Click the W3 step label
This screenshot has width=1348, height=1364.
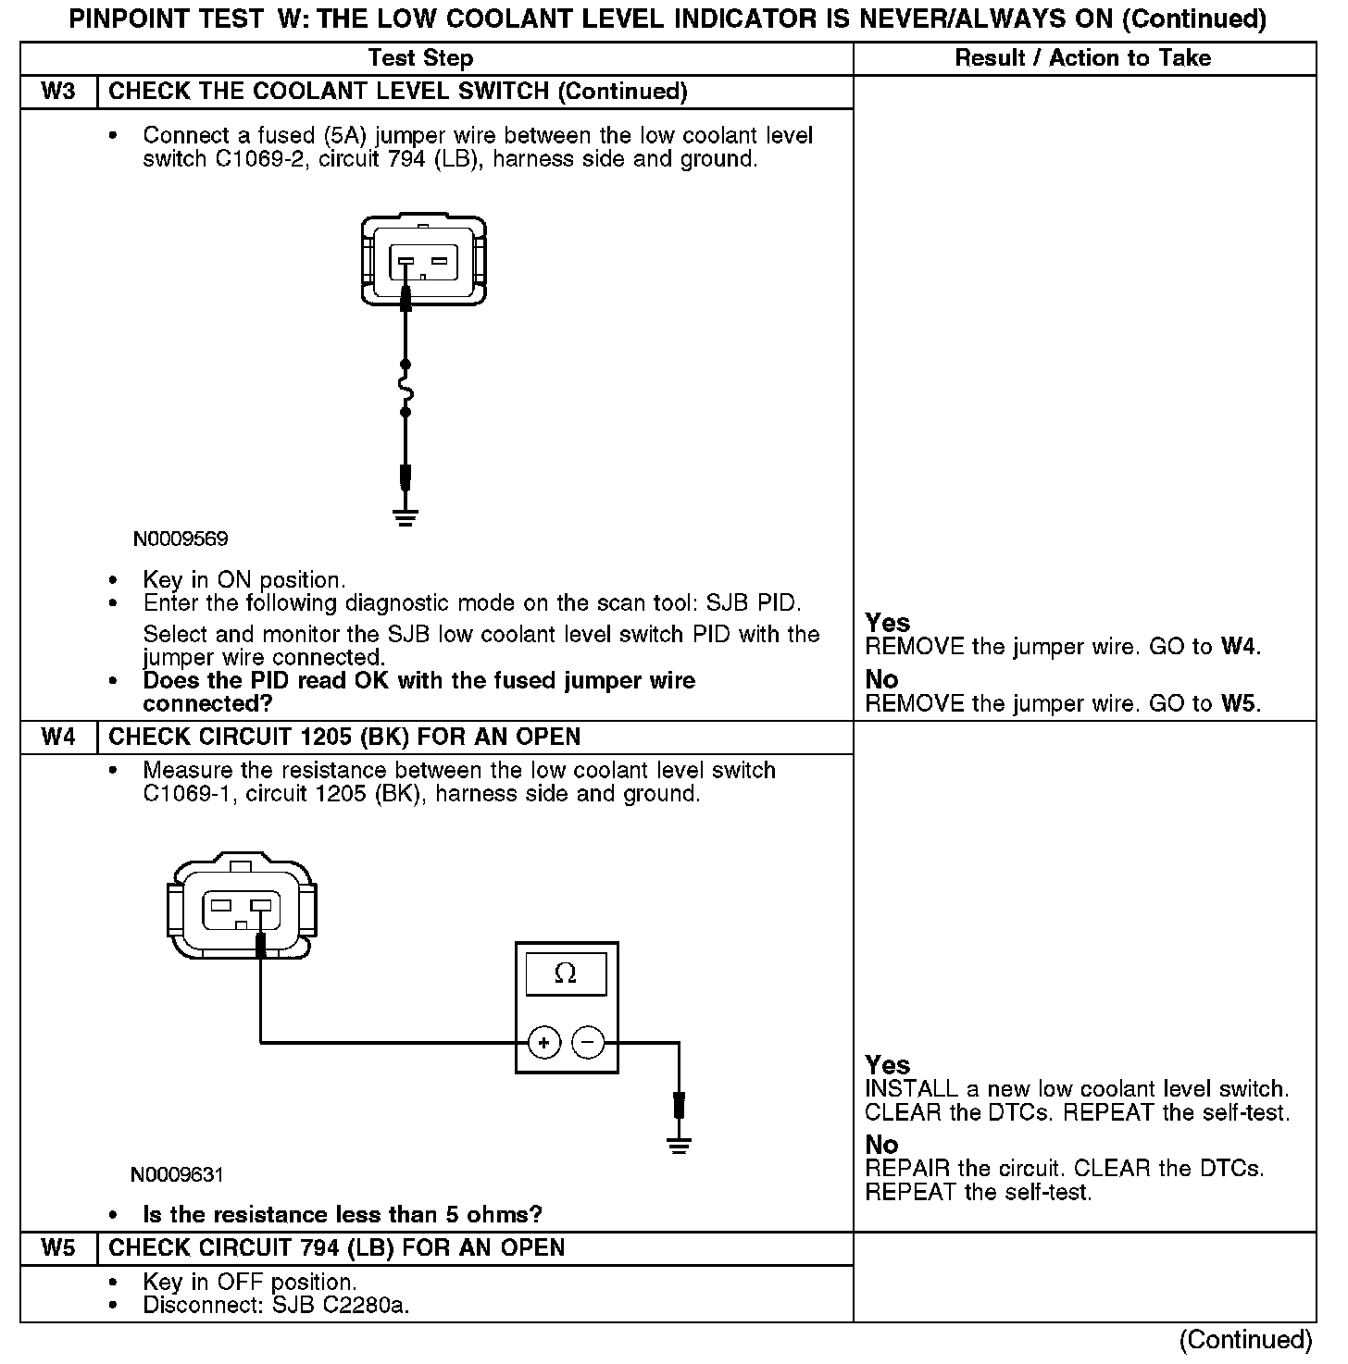[58, 92]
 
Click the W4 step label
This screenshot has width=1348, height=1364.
[58, 738]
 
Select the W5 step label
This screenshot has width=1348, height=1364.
[58, 1248]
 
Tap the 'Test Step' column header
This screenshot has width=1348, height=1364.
[420, 58]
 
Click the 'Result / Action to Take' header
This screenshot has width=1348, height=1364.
[1082, 58]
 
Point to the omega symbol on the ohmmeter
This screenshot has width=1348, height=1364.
[565, 973]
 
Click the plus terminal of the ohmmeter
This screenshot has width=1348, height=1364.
[544, 1043]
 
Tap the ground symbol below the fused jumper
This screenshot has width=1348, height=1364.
[405, 517]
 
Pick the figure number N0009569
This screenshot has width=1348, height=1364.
[181, 539]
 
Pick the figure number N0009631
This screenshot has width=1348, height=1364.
[177, 1175]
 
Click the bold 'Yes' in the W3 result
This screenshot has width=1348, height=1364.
[888, 623]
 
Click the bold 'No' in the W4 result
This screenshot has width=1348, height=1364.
[881, 1145]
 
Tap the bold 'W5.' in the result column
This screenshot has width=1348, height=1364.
[1241, 703]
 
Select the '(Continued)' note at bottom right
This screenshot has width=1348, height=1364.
[1244, 1340]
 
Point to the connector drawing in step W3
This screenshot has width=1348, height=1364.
[423, 260]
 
